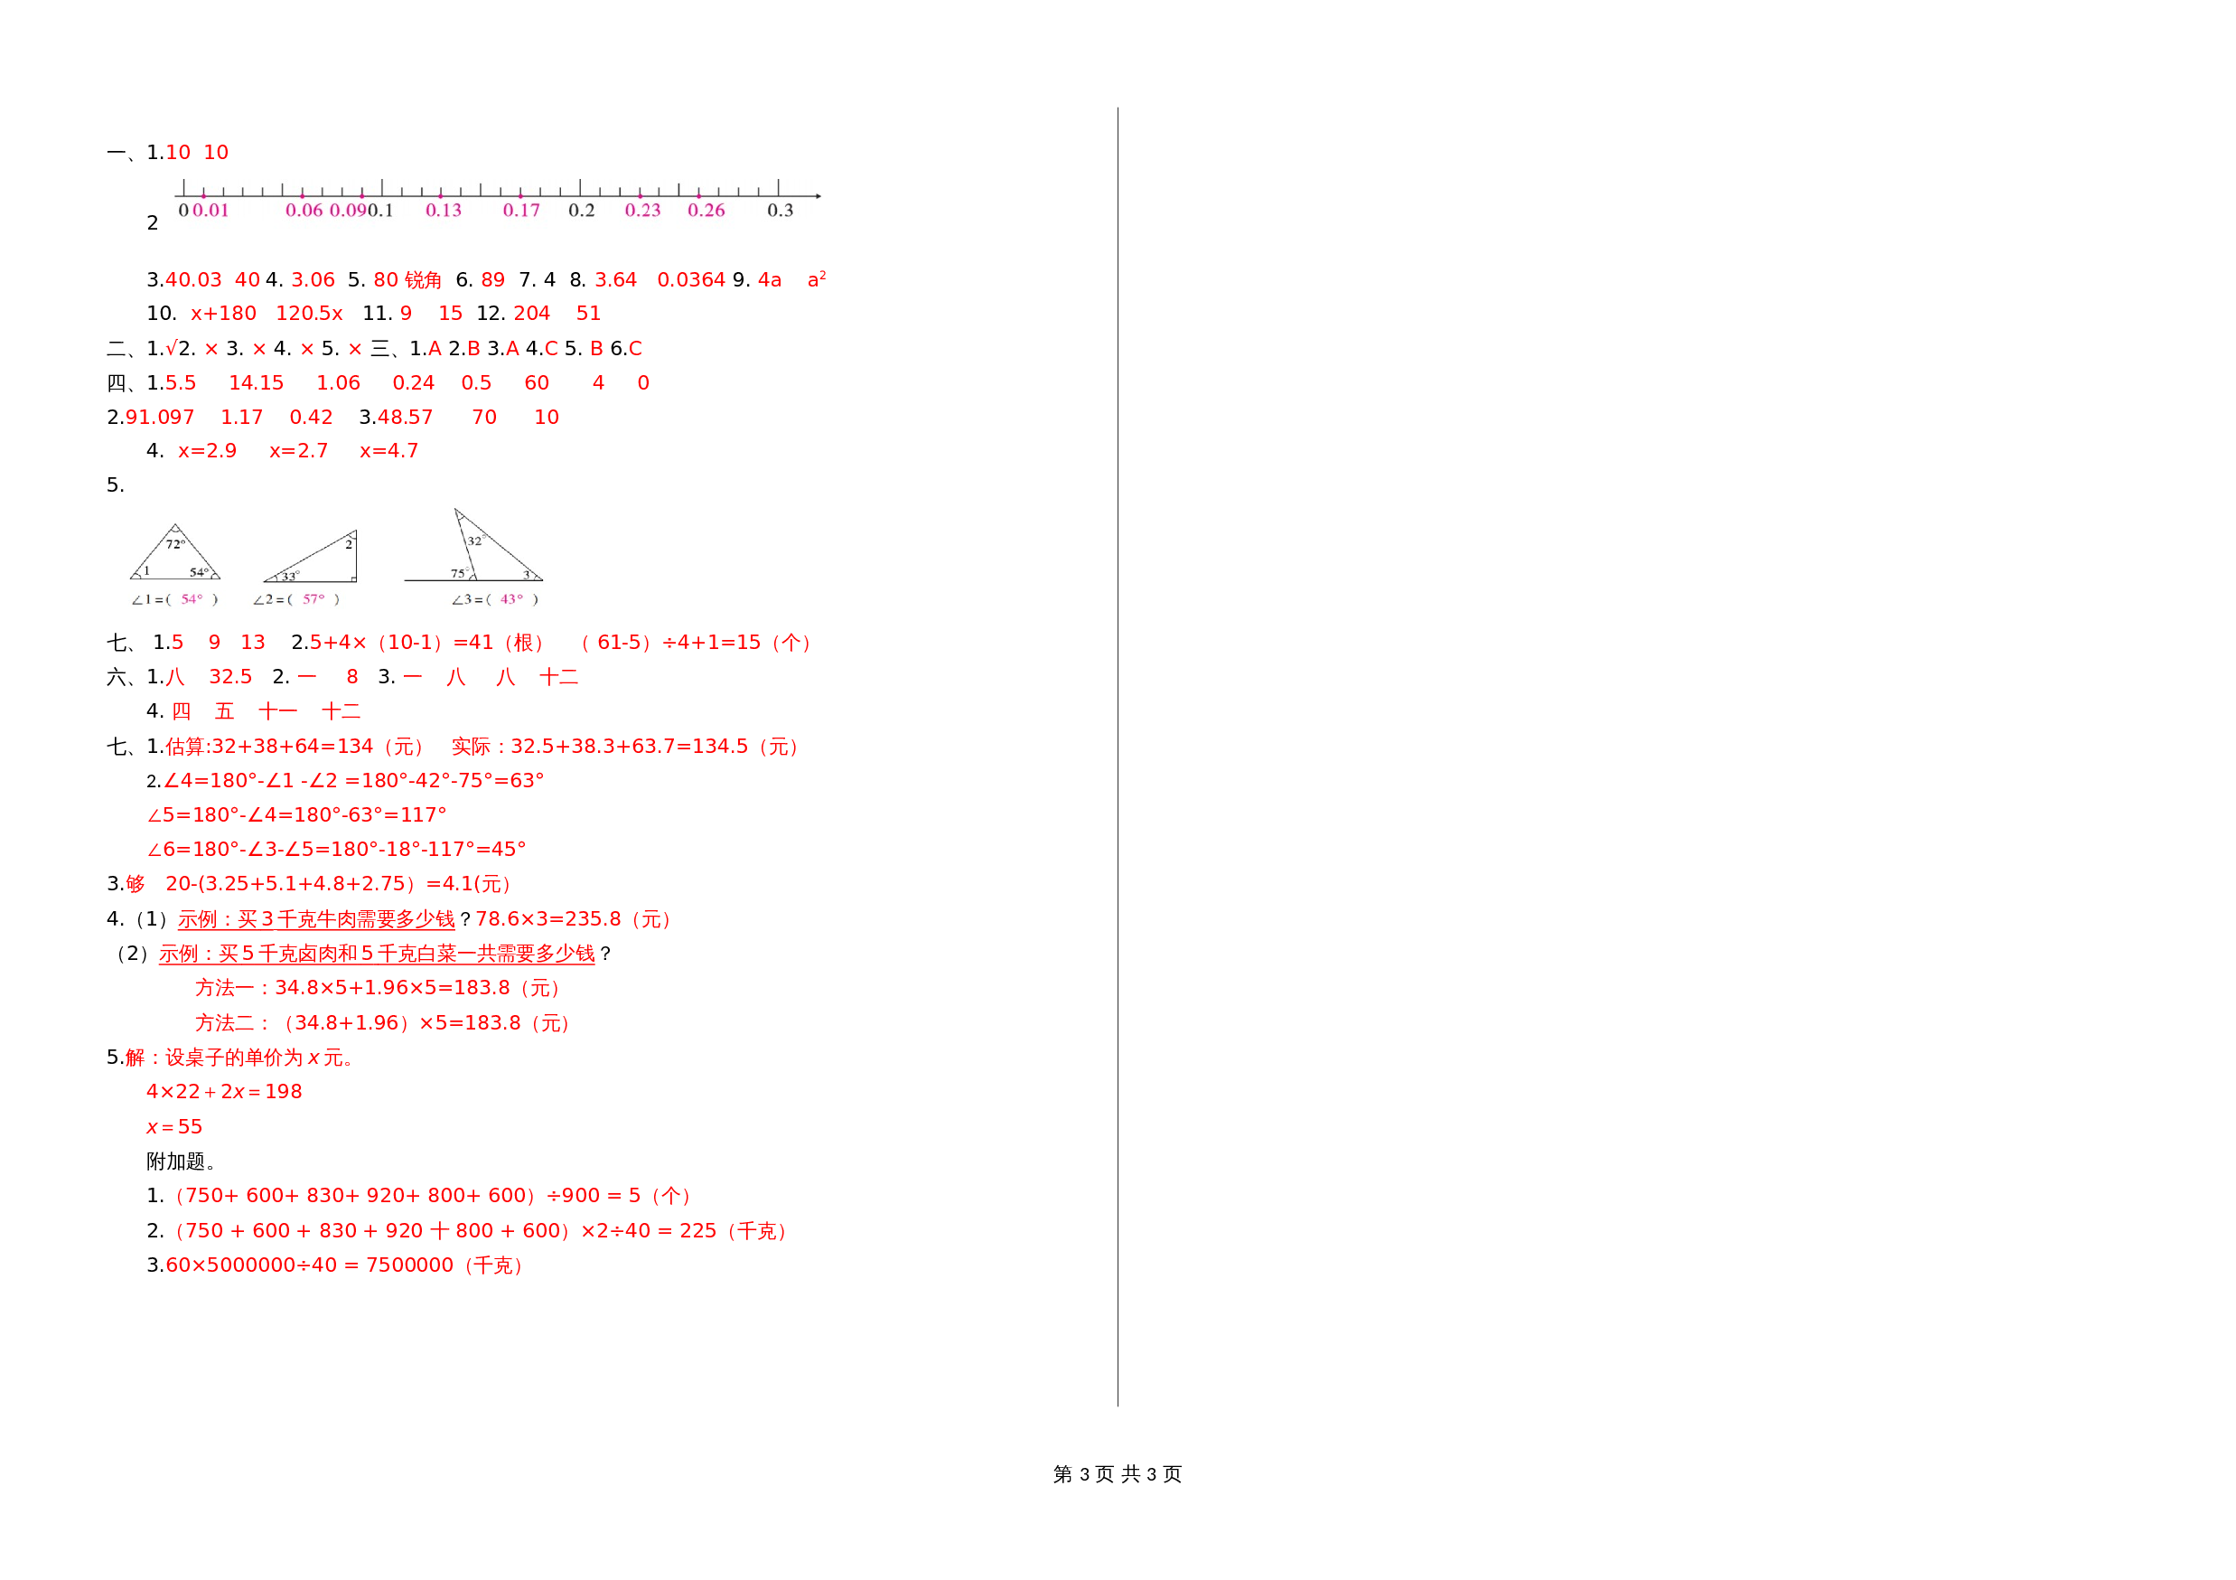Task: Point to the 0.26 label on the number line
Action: tap(706, 211)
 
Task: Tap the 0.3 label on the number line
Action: tap(780, 211)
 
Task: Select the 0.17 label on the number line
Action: tap(521, 211)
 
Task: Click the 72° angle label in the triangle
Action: tap(175, 544)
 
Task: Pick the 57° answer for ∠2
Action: tap(313, 599)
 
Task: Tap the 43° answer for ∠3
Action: tap(511, 599)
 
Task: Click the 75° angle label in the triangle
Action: tap(458, 573)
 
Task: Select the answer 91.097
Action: tap(160, 417)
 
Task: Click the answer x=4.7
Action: tap(388, 451)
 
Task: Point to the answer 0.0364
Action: tap(690, 279)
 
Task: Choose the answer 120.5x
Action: tap(309, 314)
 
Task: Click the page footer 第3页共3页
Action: tap(1117, 1474)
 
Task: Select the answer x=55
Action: tap(174, 1127)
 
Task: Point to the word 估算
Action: tap(186, 748)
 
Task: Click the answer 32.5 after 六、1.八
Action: tap(229, 677)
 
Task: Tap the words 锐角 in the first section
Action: tap(423, 280)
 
